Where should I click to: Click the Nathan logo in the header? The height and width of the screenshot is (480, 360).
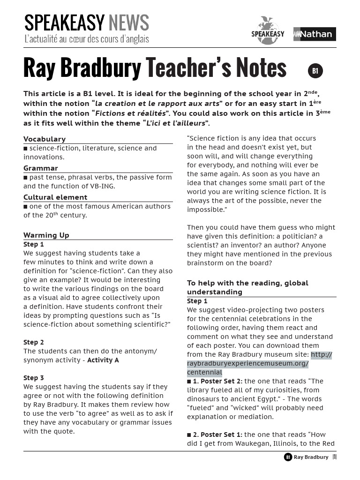click(x=315, y=34)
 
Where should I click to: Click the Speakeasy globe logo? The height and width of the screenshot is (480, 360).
click(x=268, y=31)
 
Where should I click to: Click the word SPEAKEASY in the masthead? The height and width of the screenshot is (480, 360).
click(x=64, y=23)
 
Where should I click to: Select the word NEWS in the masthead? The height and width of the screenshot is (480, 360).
click(x=128, y=23)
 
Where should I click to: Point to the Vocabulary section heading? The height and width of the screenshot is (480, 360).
click(x=45, y=139)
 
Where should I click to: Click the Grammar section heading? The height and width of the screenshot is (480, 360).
click(x=41, y=168)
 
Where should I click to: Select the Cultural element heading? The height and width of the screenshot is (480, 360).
click(x=55, y=197)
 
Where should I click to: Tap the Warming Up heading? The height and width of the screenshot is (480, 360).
click(x=46, y=235)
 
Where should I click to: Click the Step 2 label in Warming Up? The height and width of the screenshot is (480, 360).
click(x=34, y=342)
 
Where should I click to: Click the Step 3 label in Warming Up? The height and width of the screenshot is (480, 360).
click(x=34, y=378)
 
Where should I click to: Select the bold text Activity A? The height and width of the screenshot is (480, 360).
click(x=103, y=360)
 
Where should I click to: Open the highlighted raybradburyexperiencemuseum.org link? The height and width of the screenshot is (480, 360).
click(x=248, y=364)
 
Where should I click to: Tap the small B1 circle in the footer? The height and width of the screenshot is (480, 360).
click(x=288, y=457)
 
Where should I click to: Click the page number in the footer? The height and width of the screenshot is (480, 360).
click(x=335, y=457)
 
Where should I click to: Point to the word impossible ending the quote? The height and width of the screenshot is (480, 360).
click(x=205, y=210)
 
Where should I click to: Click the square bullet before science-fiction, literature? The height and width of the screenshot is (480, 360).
click(x=26, y=149)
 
